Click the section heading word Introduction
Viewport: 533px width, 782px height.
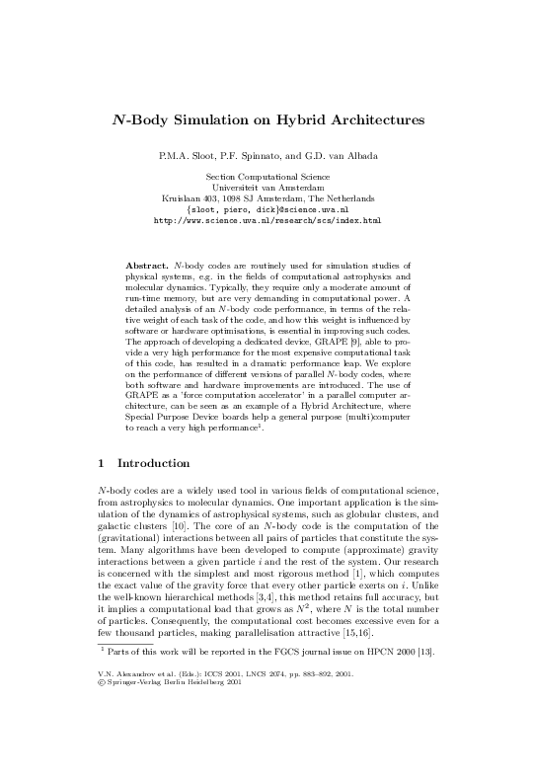click(154, 462)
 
